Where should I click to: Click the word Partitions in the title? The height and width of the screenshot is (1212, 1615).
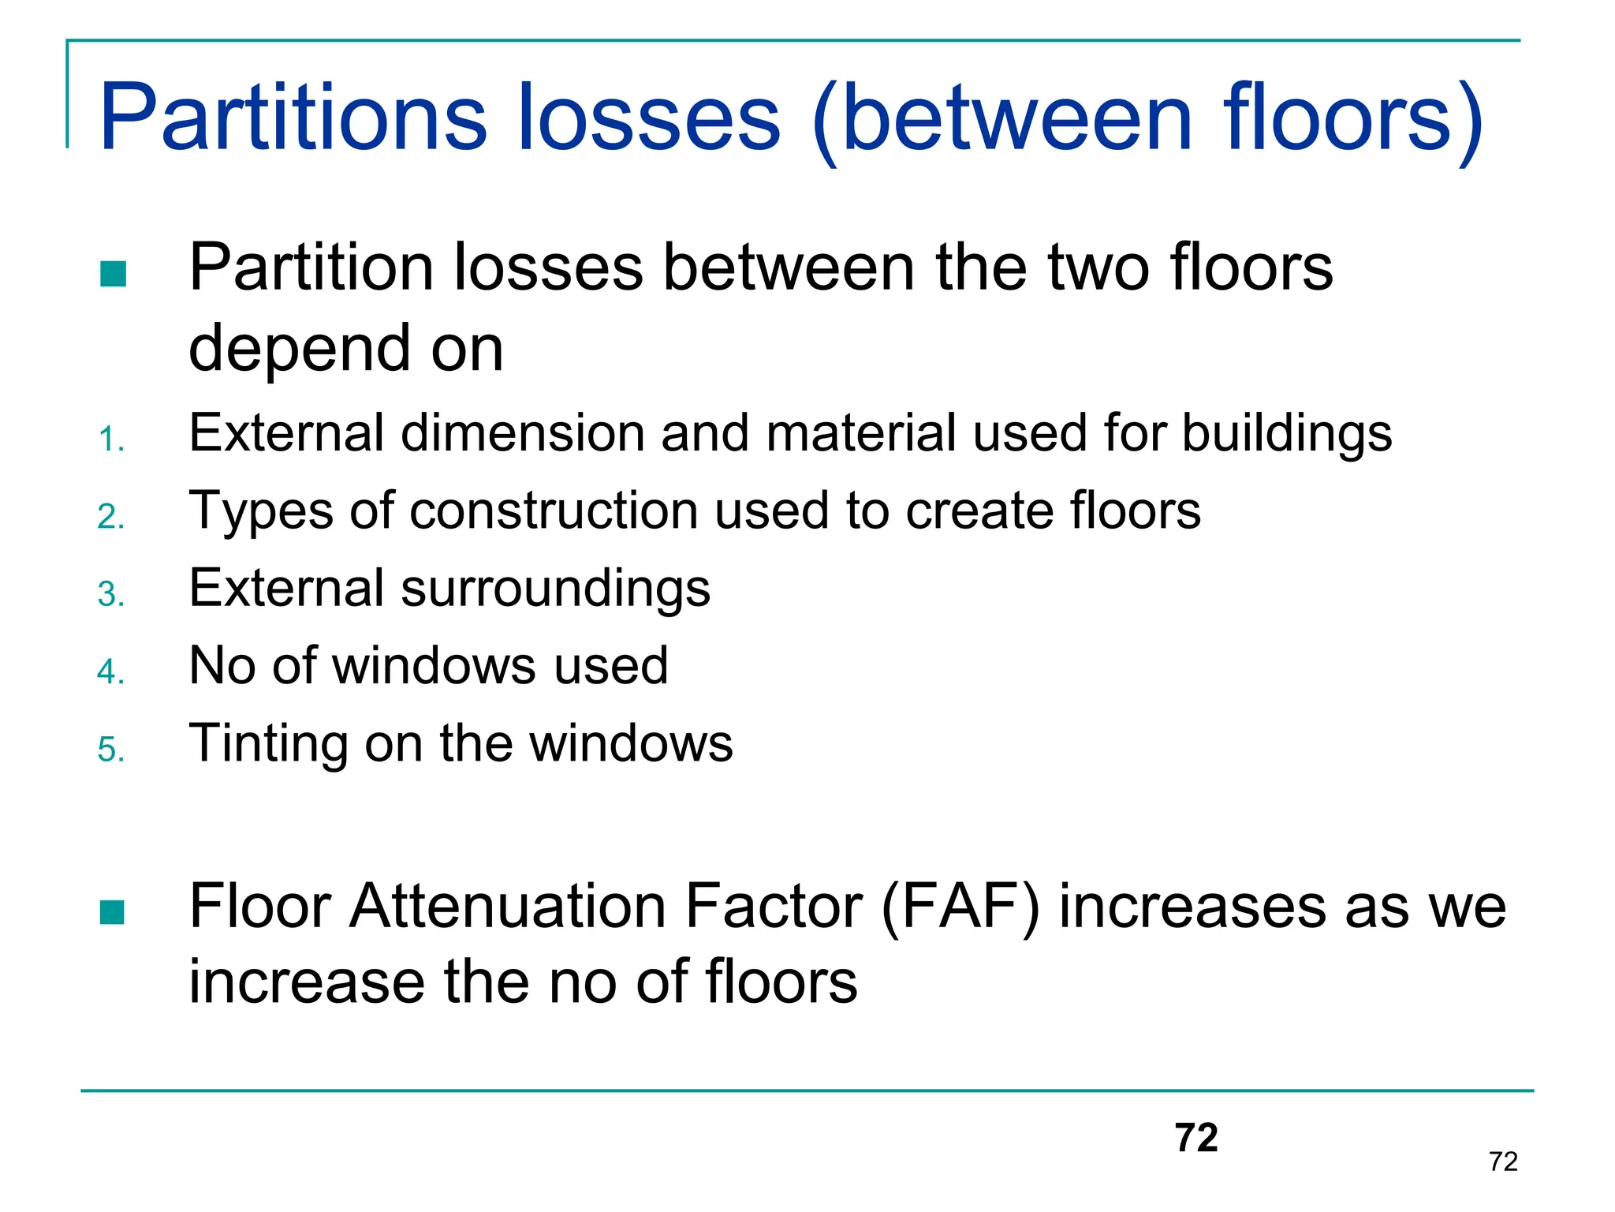[293, 118]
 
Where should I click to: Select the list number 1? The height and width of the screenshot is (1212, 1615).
[111, 440]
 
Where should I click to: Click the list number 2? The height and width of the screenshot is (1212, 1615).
[111, 517]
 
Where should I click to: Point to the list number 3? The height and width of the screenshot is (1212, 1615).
[111, 594]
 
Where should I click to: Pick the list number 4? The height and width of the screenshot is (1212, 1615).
[111, 671]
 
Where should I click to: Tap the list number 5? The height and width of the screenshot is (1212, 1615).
[111, 749]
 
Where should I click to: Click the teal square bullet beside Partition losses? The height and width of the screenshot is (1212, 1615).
[114, 274]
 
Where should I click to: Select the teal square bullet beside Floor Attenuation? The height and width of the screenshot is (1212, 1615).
[113, 912]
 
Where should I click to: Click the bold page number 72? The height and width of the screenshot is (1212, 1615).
[1196, 1138]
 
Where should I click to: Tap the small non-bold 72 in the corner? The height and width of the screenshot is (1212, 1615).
[1503, 1161]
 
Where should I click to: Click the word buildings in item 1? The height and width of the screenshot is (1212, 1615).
[1287, 434]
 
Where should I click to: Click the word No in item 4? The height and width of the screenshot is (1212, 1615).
[222, 665]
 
